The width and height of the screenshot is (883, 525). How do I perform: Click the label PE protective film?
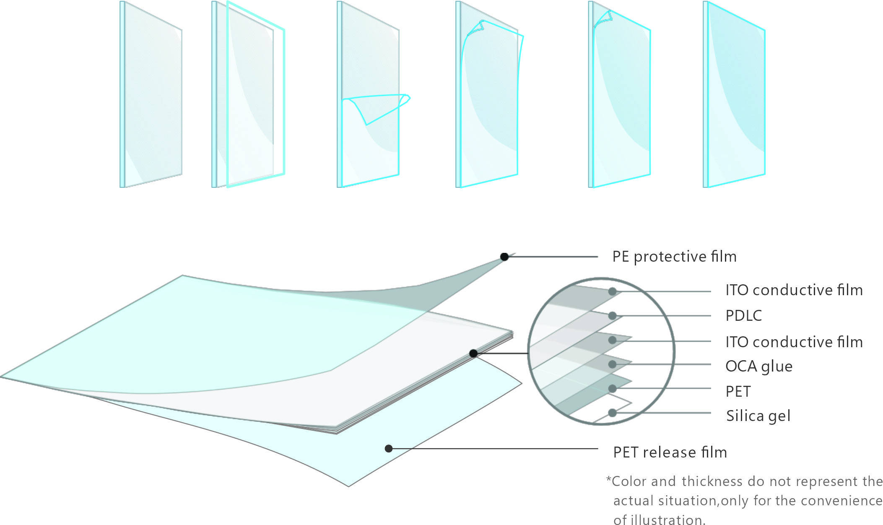click(674, 257)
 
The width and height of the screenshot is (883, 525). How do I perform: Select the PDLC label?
click(743, 316)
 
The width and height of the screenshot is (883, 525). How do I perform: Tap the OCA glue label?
click(759, 366)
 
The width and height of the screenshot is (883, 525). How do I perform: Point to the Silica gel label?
click(758, 416)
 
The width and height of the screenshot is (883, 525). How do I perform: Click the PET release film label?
click(670, 452)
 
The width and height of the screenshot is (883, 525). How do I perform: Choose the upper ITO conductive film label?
click(794, 290)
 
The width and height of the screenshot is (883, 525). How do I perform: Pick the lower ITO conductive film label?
click(794, 342)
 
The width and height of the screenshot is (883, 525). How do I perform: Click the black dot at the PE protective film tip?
click(504, 257)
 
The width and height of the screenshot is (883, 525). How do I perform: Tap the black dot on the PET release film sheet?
click(389, 449)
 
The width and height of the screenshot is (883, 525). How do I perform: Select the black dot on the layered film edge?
click(473, 353)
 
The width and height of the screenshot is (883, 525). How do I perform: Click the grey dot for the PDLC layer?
click(612, 316)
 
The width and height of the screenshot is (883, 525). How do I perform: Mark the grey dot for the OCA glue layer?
click(612, 364)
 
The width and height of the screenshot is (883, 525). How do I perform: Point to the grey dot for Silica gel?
click(612, 413)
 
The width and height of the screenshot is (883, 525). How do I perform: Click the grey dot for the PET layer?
click(612, 389)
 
